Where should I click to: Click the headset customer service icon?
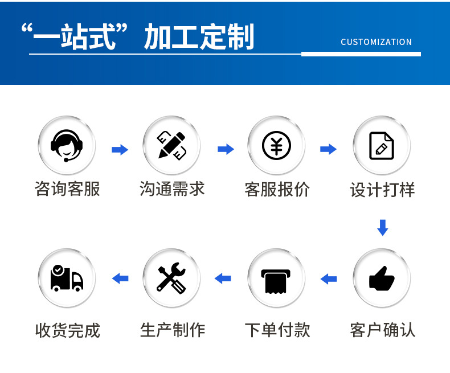[67, 146]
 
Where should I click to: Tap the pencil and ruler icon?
[171, 146]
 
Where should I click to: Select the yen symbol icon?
[276, 146]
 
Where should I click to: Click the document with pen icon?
[381, 146]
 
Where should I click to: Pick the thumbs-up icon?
[381, 278]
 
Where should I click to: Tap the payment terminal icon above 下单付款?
[276, 279]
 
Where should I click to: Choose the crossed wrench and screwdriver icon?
[171, 278]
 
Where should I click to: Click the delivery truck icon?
[67, 278]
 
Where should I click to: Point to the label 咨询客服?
[67, 189]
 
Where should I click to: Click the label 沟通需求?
[172, 189]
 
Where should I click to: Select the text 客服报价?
[277, 189]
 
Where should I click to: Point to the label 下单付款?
[277, 330]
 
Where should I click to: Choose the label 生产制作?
[172, 330]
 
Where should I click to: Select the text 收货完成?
[67, 330]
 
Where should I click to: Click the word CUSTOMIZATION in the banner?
[376, 42]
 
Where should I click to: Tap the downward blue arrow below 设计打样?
[382, 227]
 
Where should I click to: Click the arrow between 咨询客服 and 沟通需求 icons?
[120, 150]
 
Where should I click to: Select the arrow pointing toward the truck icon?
[120, 278]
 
